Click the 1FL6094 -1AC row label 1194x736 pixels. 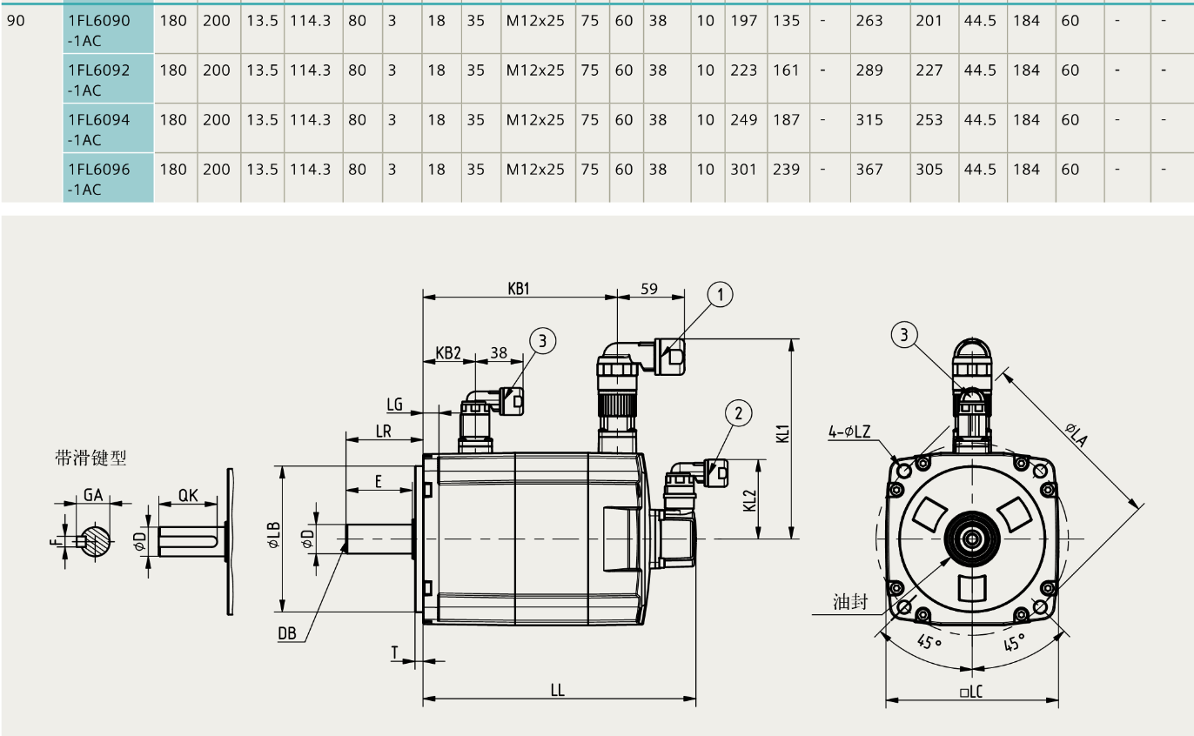coord(99,129)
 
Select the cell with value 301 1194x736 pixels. coord(744,170)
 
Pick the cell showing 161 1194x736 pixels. coord(786,70)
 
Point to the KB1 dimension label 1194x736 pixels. coord(519,288)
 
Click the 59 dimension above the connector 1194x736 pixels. coord(649,288)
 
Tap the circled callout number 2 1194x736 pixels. coord(738,412)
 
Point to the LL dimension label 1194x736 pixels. coord(558,690)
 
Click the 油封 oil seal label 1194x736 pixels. coord(849,602)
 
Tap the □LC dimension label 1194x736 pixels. coord(971,693)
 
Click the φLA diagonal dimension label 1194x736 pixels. coord(1074,434)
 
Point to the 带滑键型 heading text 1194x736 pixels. coord(91,458)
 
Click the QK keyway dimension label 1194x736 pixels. coord(188,496)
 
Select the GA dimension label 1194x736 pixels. coord(93,495)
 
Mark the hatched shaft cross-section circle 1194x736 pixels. coord(96,540)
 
